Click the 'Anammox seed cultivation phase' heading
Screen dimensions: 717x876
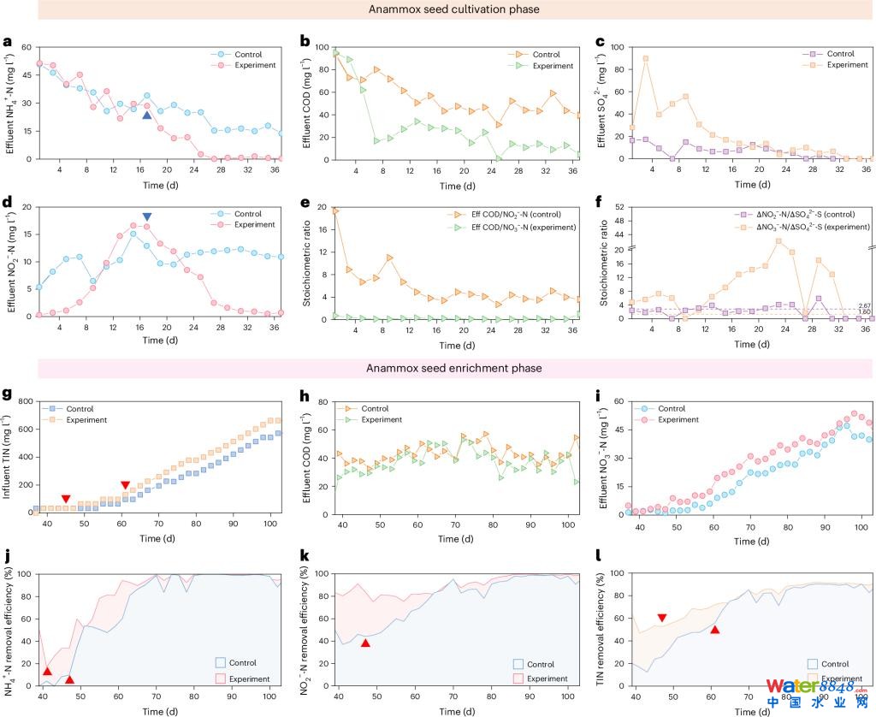454,11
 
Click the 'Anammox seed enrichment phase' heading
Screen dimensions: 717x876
454,368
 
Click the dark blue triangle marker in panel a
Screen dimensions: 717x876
147,116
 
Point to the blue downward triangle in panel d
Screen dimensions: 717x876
147,217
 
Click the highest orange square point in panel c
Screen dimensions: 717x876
645,58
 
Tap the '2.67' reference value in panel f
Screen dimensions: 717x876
863,305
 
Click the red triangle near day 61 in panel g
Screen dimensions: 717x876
126,485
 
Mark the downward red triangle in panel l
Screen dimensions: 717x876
662,618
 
